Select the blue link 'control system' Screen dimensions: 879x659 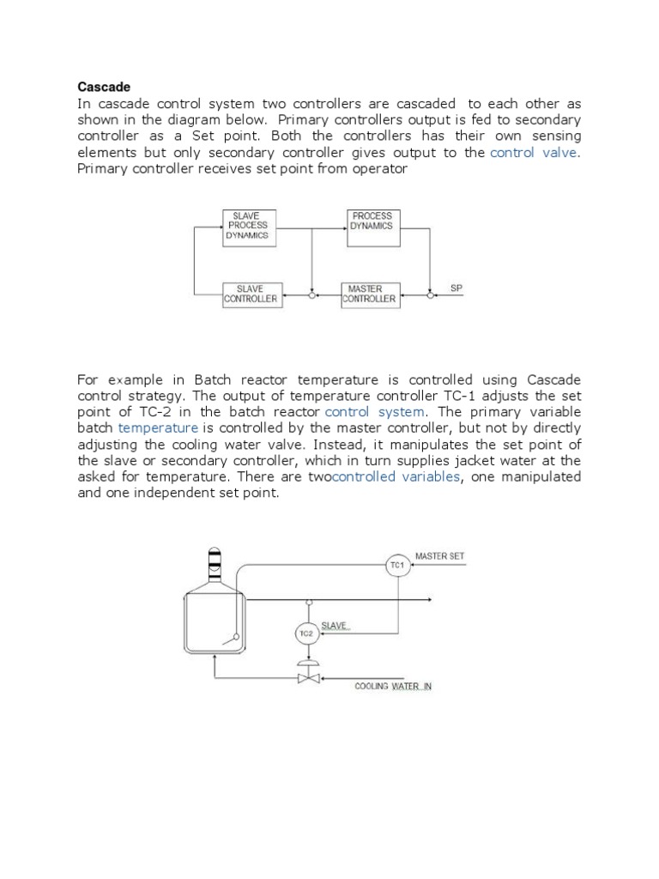(x=375, y=411)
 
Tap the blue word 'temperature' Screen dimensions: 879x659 (x=158, y=427)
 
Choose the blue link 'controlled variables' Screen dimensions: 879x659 (x=396, y=476)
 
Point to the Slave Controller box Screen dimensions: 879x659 (x=250, y=294)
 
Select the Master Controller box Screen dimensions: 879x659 (x=369, y=294)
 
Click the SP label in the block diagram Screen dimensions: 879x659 (x=456, y=288)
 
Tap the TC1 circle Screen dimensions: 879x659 (x=396, y=566)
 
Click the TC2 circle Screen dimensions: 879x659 (x=306, y=633)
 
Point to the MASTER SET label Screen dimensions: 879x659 (x=439, y=556)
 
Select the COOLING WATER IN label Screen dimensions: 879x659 (x=394, y=687)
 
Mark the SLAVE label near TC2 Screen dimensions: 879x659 (x=335, y=626)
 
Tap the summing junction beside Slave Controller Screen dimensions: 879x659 (x=311, y=294)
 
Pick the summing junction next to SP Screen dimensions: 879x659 (x=429, y=294)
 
